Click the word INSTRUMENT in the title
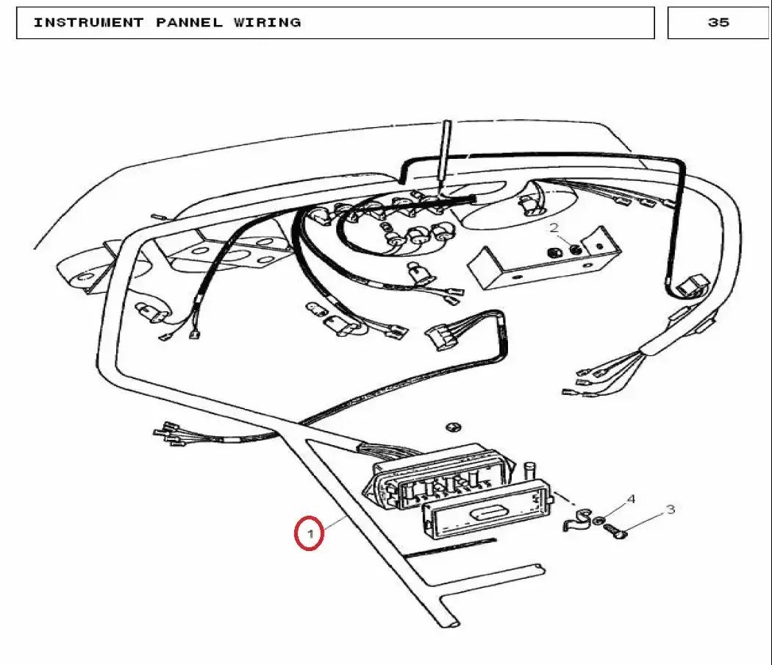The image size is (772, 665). [89, 23]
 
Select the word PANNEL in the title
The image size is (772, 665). [189, 23]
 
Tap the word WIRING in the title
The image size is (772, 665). [268, 23]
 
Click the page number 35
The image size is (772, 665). [718, 22]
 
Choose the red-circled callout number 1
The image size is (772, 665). [310, 533]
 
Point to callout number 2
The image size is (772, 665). [554, 227]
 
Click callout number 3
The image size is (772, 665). [671, 509]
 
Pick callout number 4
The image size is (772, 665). [631, 499]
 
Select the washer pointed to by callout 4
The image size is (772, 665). [599, 520]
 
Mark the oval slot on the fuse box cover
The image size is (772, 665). [485, 513]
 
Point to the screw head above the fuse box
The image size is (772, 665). [453, 427]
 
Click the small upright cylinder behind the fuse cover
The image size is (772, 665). [530, 470]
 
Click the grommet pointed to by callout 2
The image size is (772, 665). [575, 249]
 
